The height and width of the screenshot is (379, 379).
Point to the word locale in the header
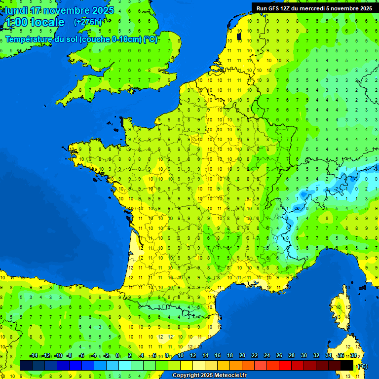click(x=47, y=22)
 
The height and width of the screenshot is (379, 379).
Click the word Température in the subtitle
click(x=29, y=39)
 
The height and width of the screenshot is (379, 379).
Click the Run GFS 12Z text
click(x=276, y=8)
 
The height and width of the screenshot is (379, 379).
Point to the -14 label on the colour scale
click(x=34, y=356)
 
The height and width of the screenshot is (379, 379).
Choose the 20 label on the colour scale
click(x=242, y=356)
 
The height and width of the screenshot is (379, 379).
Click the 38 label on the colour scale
click(x=353, y=356)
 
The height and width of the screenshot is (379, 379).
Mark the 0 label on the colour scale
click(x=117, y=356)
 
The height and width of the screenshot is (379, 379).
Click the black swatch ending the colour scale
click(x=347, y=365)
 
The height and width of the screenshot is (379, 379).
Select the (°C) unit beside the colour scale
click(x=362, y=366)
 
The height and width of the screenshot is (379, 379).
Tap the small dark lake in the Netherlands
click(x=239, y=36)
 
